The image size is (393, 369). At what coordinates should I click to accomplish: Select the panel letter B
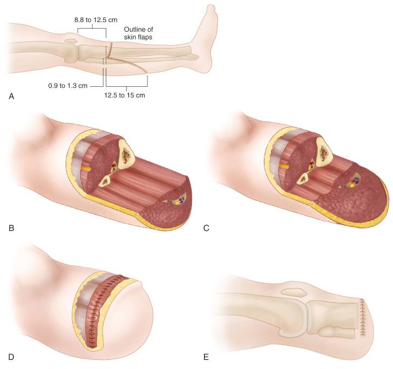pos(11,228)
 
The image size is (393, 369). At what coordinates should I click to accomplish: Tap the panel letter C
pos(207,228)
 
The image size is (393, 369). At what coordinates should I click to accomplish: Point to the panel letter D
pos(11,357)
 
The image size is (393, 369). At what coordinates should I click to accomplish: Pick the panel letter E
pos(207,357)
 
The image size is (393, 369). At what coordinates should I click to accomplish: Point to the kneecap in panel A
pos(70,41)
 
